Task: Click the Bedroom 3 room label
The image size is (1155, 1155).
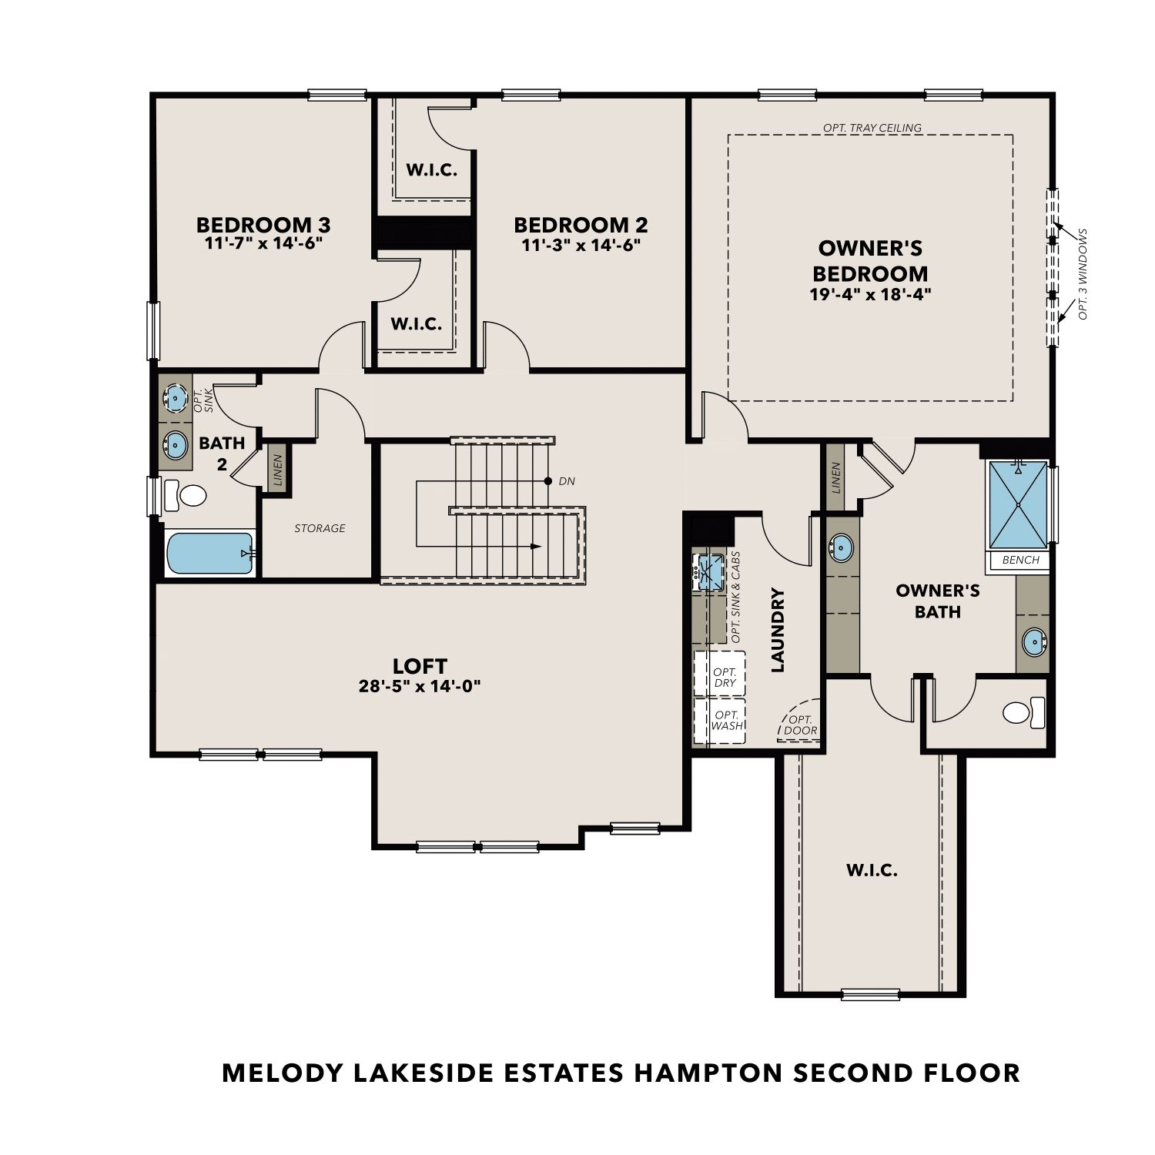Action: tap(263, 225)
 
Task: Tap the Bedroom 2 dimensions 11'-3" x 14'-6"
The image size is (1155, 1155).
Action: tap(581, 245)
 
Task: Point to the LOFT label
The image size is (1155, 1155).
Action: tap(420, 666)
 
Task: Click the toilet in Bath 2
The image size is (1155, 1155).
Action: tap(186, 494)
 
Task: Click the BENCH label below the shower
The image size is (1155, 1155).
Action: tap(1021, 560)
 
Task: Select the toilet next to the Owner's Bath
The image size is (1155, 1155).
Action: tap(1024, 712)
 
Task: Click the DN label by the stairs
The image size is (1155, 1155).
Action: tap(567, 481)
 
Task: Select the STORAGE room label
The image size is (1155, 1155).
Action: tap(320, 528)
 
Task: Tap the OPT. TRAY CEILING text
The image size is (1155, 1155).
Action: tap(872, 128)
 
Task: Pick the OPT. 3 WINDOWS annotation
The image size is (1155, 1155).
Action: tap(1083, 274)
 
